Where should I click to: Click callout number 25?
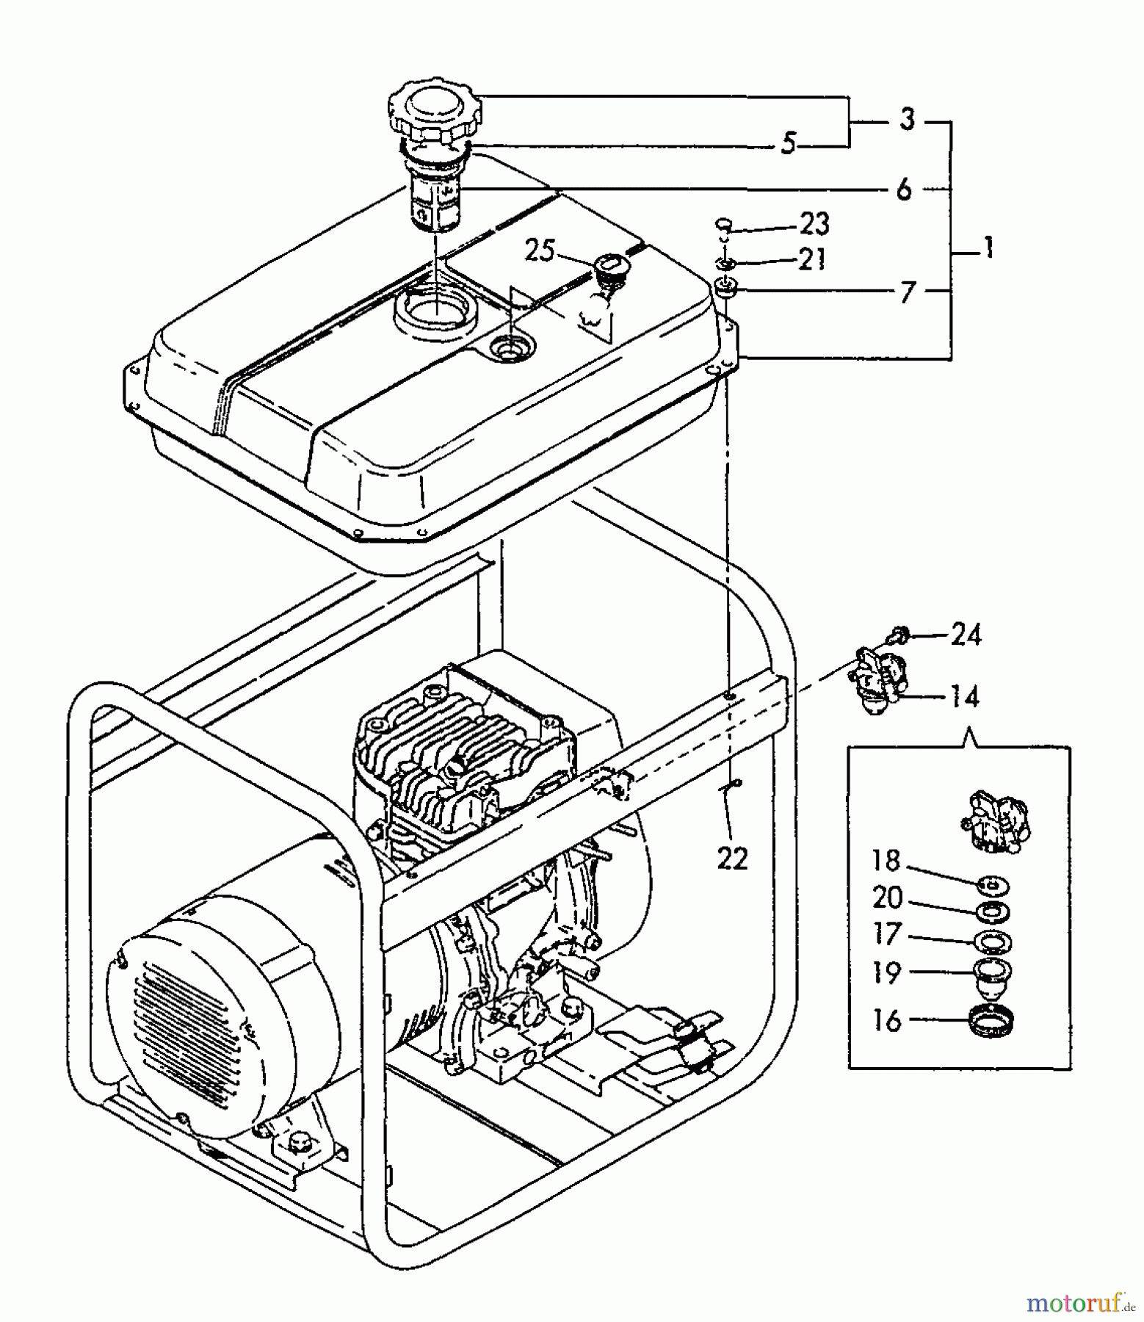[540, 251]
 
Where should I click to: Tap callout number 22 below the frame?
[732, 858]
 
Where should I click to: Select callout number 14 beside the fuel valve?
[965, 696]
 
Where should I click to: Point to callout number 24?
[966, 634]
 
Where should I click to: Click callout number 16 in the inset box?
[887, 1021]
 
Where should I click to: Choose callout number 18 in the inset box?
[886, 860]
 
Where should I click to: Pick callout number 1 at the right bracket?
[988, 248]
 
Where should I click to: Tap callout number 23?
[814, 223]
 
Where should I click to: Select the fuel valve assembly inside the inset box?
[993, 821]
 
